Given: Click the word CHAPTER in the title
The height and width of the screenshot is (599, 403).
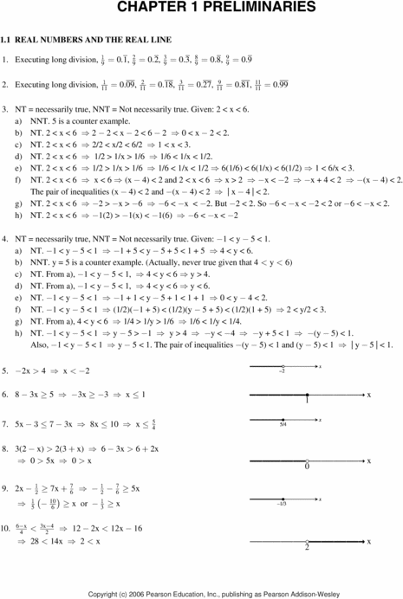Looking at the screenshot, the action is [141, 8].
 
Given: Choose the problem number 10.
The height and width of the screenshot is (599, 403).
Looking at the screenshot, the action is [7, 527].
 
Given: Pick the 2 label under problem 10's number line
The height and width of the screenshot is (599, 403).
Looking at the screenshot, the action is [307, 547].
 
